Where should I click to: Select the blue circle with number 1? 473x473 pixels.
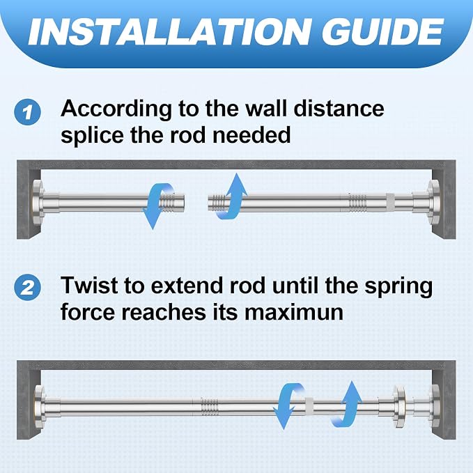pyautogui.click(x=27, y=112)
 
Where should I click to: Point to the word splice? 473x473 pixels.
pyautogui.click(x=92, y=136)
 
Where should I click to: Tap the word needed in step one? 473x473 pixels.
pyautogui.click(x=251, y=135)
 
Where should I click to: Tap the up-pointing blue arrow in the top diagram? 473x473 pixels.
pyautogui.click(x=232, y=196)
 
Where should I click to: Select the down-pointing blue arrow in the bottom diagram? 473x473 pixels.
pyautogui.click(x=287, y=405)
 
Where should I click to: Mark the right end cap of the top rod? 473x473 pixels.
pyautogui.click(x=433, y=201)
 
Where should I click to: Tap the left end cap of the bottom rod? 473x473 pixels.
pyautogui.click(x=40, y=406)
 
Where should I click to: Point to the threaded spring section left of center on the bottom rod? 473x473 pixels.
pyautogui.click(x=210, y=407)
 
